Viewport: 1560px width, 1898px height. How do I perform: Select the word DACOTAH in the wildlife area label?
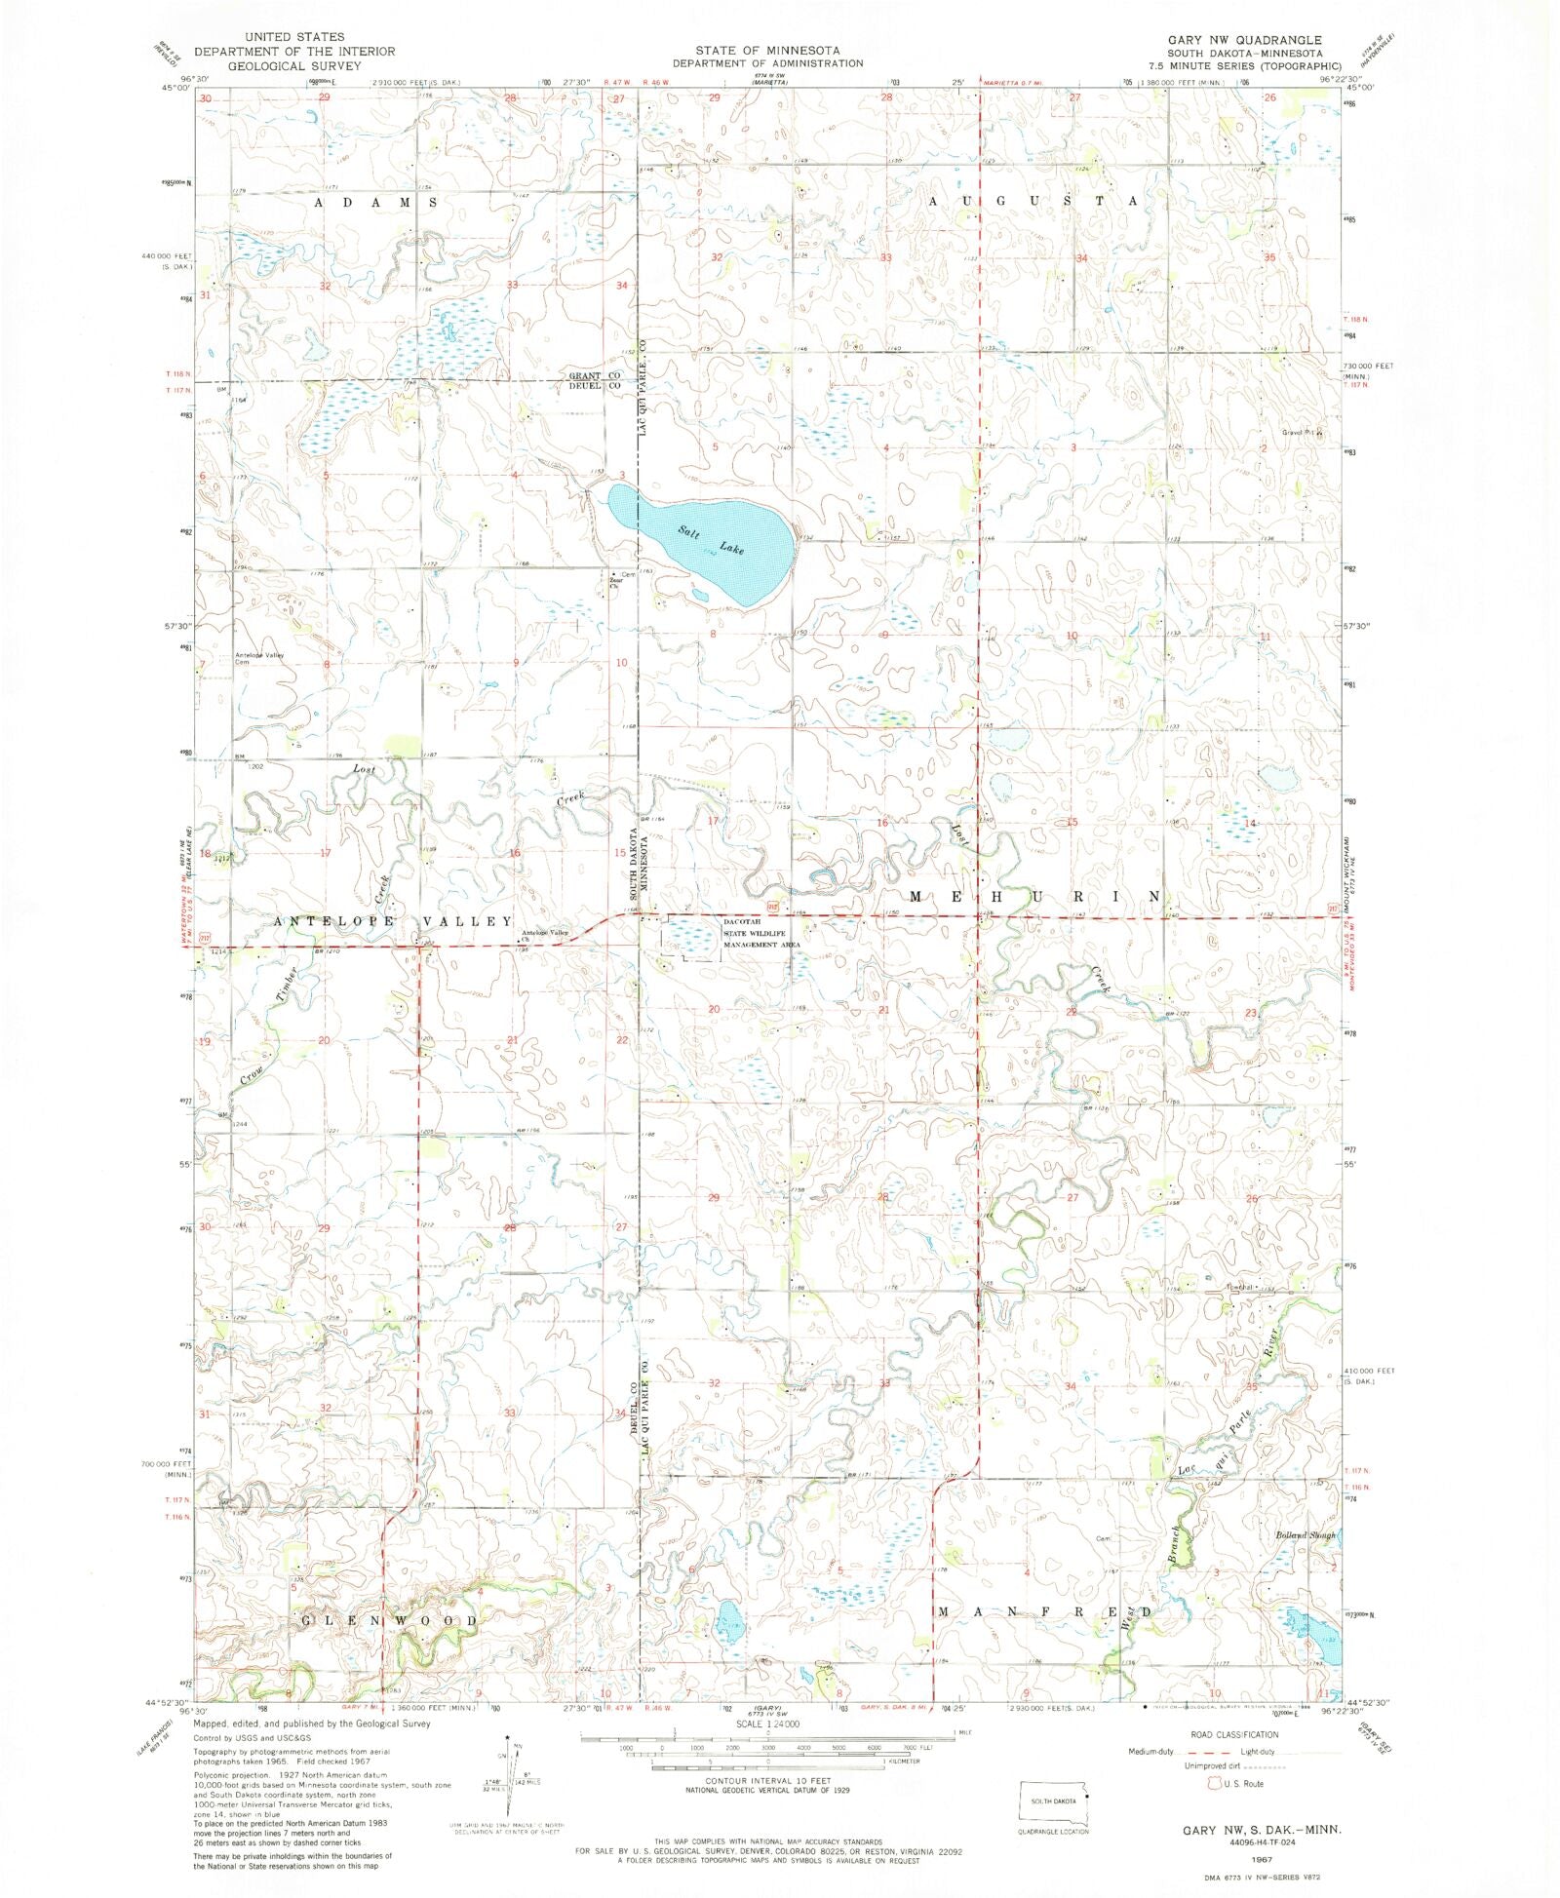tap(742, 921)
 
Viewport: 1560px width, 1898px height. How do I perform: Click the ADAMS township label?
tap(374, 202)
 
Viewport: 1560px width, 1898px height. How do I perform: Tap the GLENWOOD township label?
tap(390, 1620)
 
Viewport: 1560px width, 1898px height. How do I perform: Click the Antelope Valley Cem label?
tap(257, 658)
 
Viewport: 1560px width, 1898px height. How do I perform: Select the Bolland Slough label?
tap(1305, 1535)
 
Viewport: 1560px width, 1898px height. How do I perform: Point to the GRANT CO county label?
tap(595, 375)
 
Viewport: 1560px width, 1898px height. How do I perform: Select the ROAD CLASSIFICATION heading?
tap(1234, 1734)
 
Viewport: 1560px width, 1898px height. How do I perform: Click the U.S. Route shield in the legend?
tap(1215, 1783)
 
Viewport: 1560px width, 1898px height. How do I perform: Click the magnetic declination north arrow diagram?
tap(509, 1772)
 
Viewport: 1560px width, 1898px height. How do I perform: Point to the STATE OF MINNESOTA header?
tap(767, 50)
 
